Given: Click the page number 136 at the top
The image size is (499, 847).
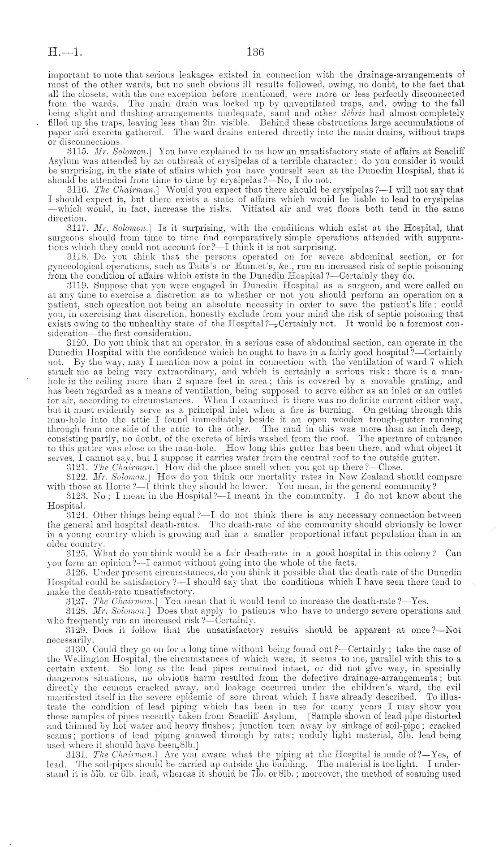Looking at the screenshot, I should [x=256, y=52].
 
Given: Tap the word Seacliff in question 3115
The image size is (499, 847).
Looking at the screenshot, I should [x=447, y=151].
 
